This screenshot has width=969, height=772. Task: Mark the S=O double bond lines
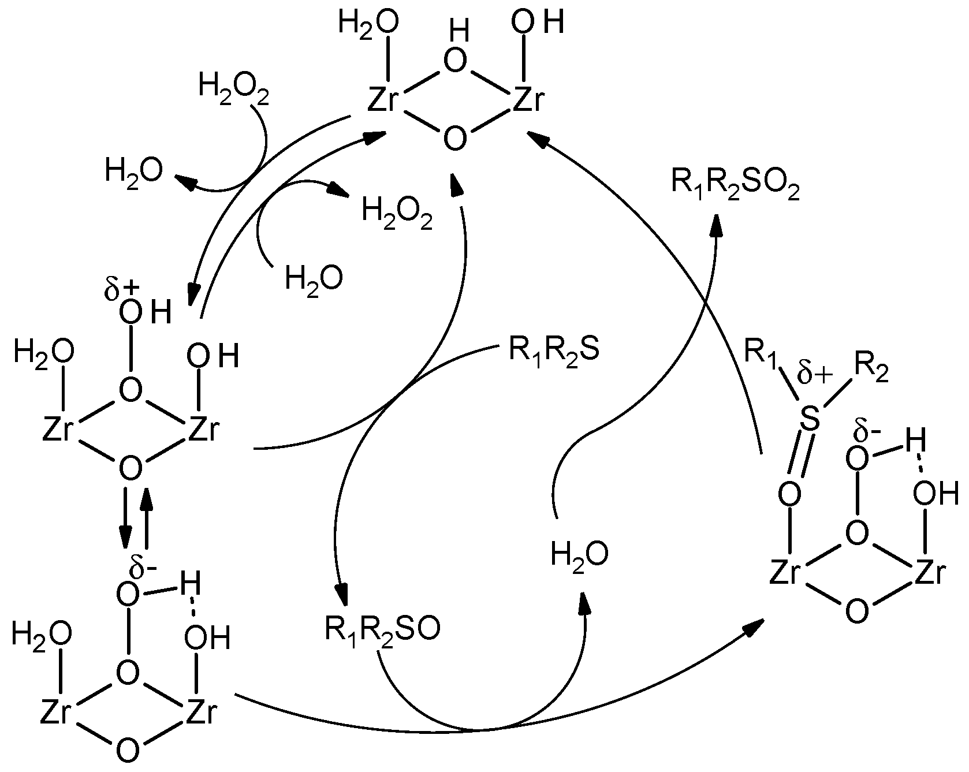(x=799, y=456)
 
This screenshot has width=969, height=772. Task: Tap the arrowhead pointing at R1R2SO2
(x=717, y=224)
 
